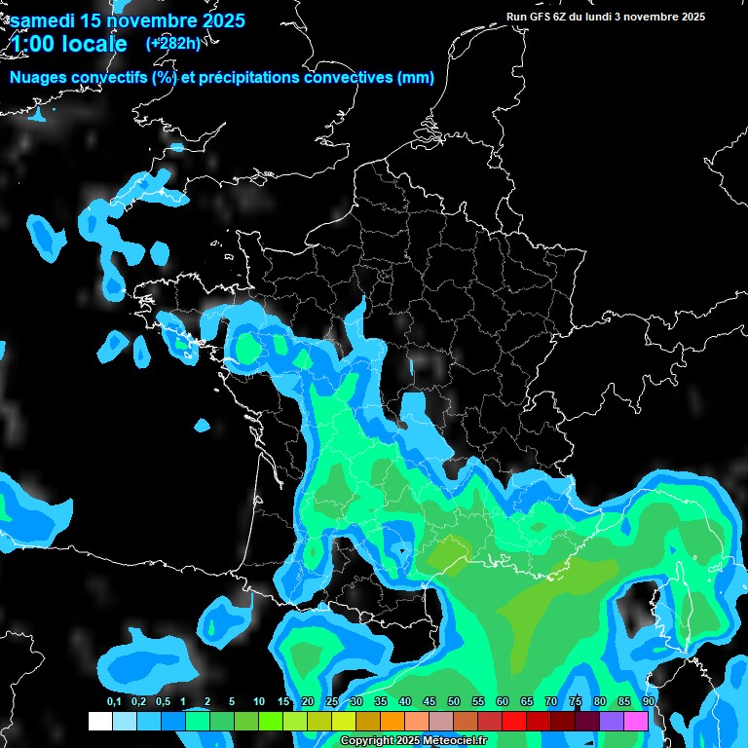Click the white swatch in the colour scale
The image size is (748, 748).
[99, 721]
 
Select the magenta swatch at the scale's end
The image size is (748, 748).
[636, 721]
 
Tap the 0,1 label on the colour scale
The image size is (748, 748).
[113, 701]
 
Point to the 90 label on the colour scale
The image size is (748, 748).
[648, 701]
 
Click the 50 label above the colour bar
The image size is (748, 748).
[454, 701]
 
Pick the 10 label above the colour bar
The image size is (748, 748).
[258, 701]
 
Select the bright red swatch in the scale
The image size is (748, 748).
[514, 721]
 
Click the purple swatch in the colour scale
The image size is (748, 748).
[612, 721]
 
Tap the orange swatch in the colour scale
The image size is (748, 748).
[393, 721]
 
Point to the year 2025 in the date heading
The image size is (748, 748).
[218, 20]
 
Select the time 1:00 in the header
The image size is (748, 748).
[33, 44]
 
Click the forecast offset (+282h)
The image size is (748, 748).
[172, 43]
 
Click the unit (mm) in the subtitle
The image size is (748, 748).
[416, 78]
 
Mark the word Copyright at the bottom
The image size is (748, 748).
[366, 741]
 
